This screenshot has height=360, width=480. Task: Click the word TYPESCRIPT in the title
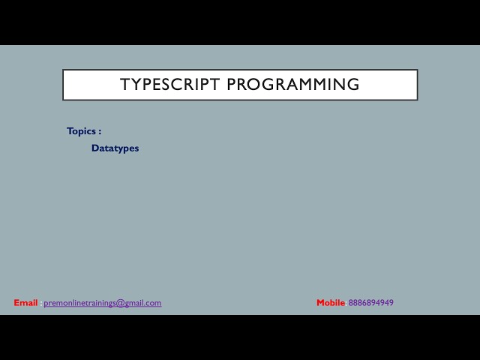click(x=170, y=85)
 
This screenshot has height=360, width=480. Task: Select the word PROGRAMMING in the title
click(x=293, y=85)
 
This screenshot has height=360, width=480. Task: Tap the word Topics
click(x=81, y=131)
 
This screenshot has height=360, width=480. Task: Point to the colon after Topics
click(x=99, y=132)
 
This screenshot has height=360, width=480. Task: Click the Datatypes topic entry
click(x=115, y=148)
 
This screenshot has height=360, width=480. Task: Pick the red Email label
click(x=25, y=303)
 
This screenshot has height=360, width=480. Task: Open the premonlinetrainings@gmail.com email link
click(x=102, y=303)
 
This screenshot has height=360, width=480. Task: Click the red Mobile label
click(x=331, y=303)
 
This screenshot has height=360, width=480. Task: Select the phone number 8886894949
click(x=370, y=303)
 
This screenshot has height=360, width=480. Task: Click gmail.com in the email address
click(x=142, y=303)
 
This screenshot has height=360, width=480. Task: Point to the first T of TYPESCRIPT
click(x=124, y=85)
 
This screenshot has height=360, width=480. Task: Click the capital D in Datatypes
click(x=95, y=148)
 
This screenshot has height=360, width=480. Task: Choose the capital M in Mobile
click(x=320, y=303)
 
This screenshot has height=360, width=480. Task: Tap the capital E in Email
click(x=16, y=303)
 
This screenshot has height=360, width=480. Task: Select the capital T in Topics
click(x=70, y=131)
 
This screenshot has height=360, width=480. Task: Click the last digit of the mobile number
click(x=391, y=303)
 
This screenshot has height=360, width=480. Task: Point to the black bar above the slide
click(x=240, y=22)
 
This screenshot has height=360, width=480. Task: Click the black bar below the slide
click(x=240, y=337)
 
